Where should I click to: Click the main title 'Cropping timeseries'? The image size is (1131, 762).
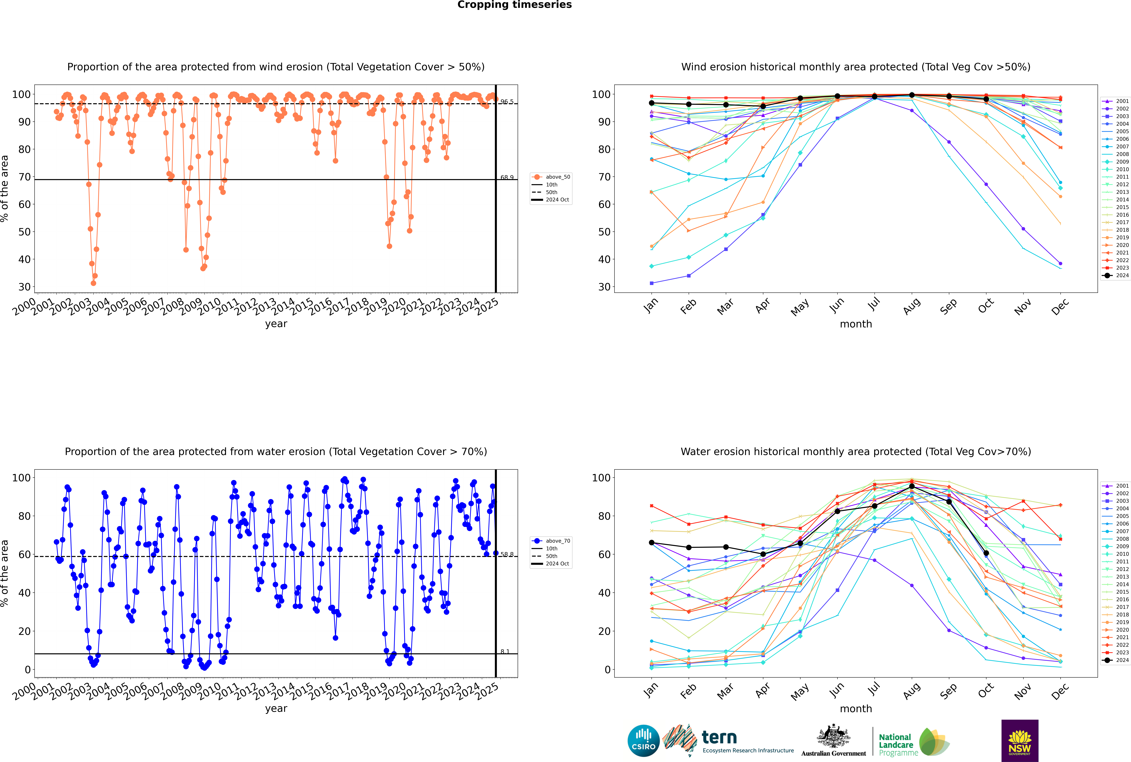514,5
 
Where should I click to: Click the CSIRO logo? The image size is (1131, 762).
643,741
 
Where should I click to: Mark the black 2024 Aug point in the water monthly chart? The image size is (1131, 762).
912,486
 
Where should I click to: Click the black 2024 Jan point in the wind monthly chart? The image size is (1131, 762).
652,103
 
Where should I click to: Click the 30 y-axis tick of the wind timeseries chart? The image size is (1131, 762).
24,287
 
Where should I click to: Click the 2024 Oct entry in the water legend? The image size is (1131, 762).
557,564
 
